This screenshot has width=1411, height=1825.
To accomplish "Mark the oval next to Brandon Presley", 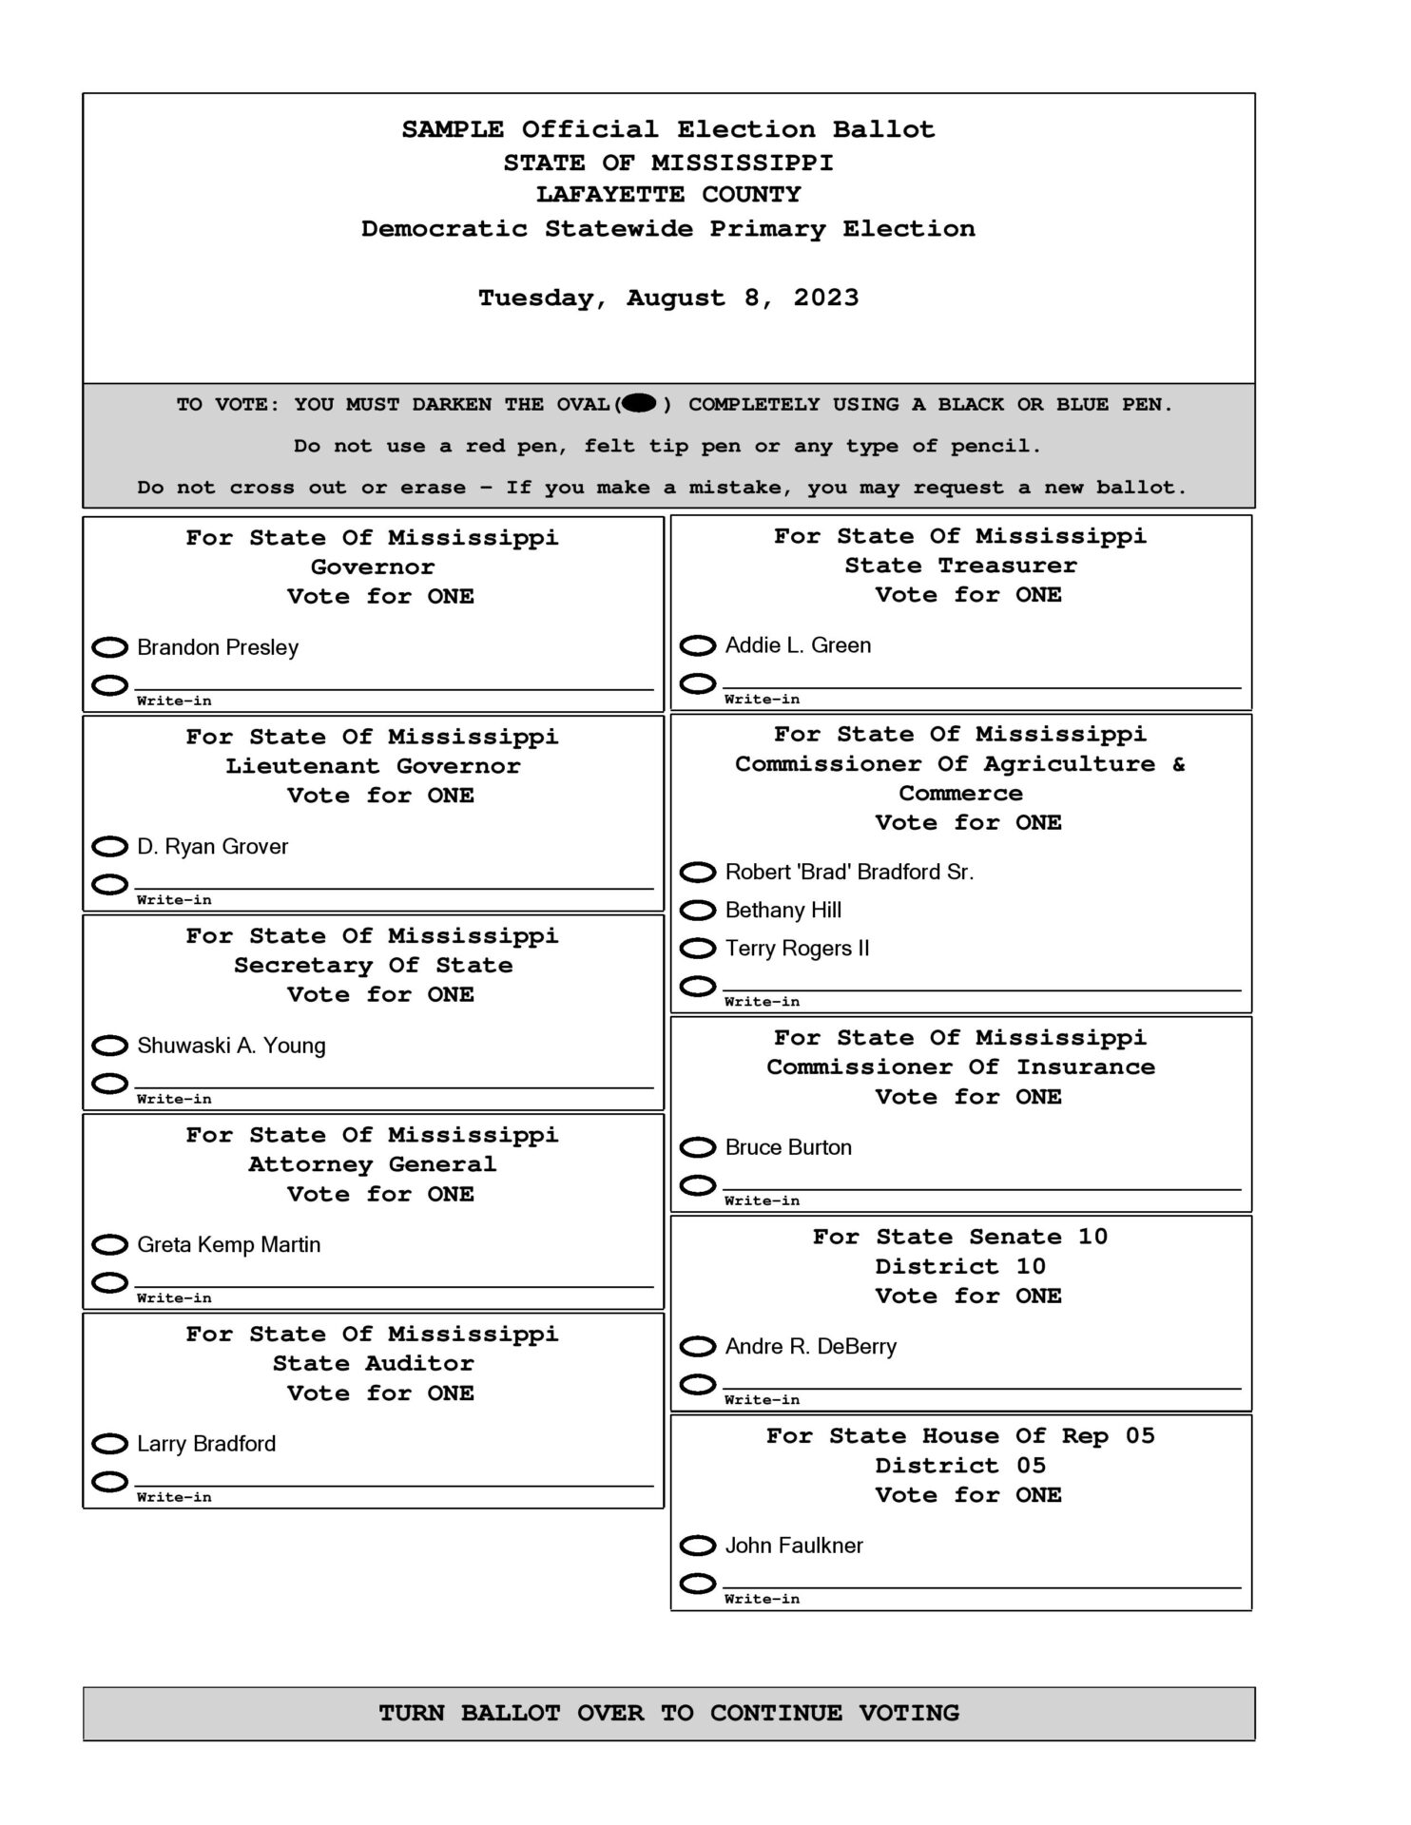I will click(x=109, y=647).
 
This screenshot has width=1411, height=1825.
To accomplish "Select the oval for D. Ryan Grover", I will click(x=109, y=846).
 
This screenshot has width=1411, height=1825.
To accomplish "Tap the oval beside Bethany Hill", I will click(x=698, y=910).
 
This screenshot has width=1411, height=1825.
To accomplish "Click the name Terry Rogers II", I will click(x=797, y=948).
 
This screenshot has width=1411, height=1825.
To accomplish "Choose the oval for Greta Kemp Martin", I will click(x=109, y=1244).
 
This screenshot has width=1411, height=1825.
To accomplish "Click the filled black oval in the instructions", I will click(x=640, y=403).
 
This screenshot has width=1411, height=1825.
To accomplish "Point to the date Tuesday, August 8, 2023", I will click(x=668, y=298).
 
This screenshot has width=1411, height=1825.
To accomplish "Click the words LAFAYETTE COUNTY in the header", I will click(x=668, y=194).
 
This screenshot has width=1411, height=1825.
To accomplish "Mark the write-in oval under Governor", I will click(x=109, y=684).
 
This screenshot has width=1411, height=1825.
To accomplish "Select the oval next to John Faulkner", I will click(x=698, y=1545).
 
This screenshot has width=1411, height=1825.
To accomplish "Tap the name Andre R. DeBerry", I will click(x=810, y=1346).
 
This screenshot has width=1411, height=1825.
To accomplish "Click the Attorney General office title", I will click(x=372, y=1163).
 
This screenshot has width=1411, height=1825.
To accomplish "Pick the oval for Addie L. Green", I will click(x=698, y=645).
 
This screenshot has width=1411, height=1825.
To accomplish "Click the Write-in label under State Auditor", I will click(x=174, y=1497).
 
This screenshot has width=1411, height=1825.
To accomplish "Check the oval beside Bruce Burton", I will click(x=698, y=1147).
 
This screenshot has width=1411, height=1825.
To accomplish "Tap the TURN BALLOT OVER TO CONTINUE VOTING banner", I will click(x=668, y=1713).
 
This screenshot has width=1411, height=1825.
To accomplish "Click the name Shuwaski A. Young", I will click(x=231, y=1046).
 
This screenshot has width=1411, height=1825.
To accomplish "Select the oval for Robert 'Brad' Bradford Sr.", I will click(x=698, y=872).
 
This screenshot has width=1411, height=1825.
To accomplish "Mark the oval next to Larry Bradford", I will click(x=109, y=1444).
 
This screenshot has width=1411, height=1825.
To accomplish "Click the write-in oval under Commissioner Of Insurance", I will click(x=698, y=1184).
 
